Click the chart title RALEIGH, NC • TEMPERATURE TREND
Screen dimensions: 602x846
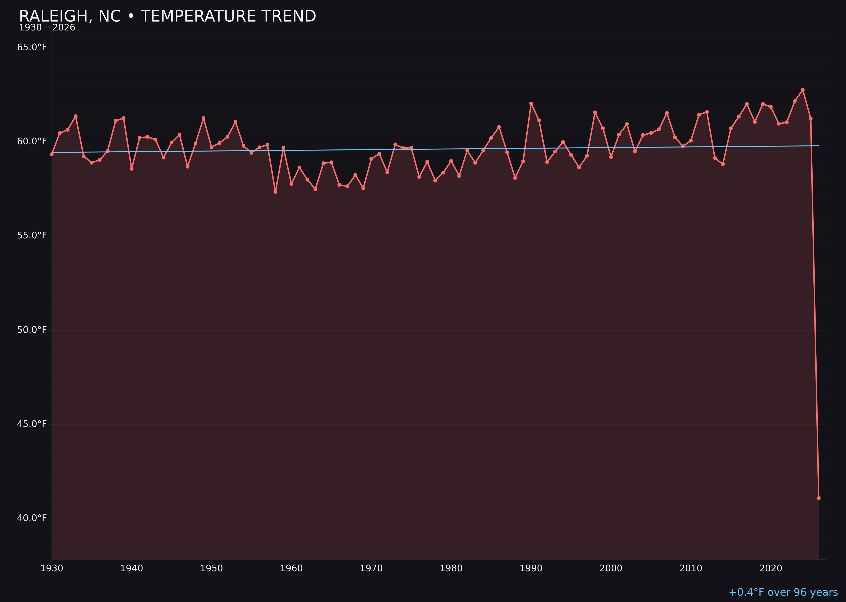(168, 16)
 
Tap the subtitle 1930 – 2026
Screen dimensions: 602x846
(47, 28)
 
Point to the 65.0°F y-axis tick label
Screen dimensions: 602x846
(32, 47)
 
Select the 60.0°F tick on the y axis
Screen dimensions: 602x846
(32, 142)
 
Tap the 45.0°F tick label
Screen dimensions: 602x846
(32, 424)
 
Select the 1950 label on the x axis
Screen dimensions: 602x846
(211, 569)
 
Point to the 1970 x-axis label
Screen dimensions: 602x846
(371, 569)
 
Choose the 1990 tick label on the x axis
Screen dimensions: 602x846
(531, 569)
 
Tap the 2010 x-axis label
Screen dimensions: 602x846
(691, 569)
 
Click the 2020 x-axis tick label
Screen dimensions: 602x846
(771, 569)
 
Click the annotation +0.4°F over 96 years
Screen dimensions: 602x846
(783, 592)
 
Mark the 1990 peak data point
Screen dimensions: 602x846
(531, 104)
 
